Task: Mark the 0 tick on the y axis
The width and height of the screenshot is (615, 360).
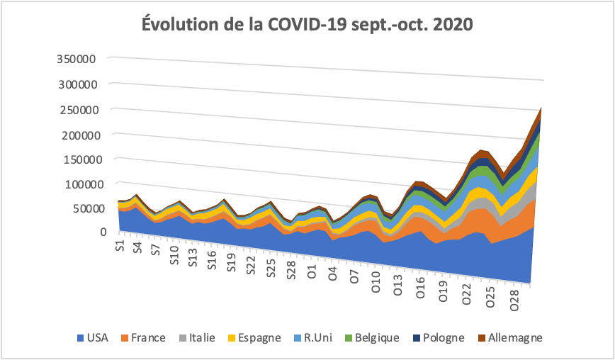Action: click(x=103, y=232)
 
